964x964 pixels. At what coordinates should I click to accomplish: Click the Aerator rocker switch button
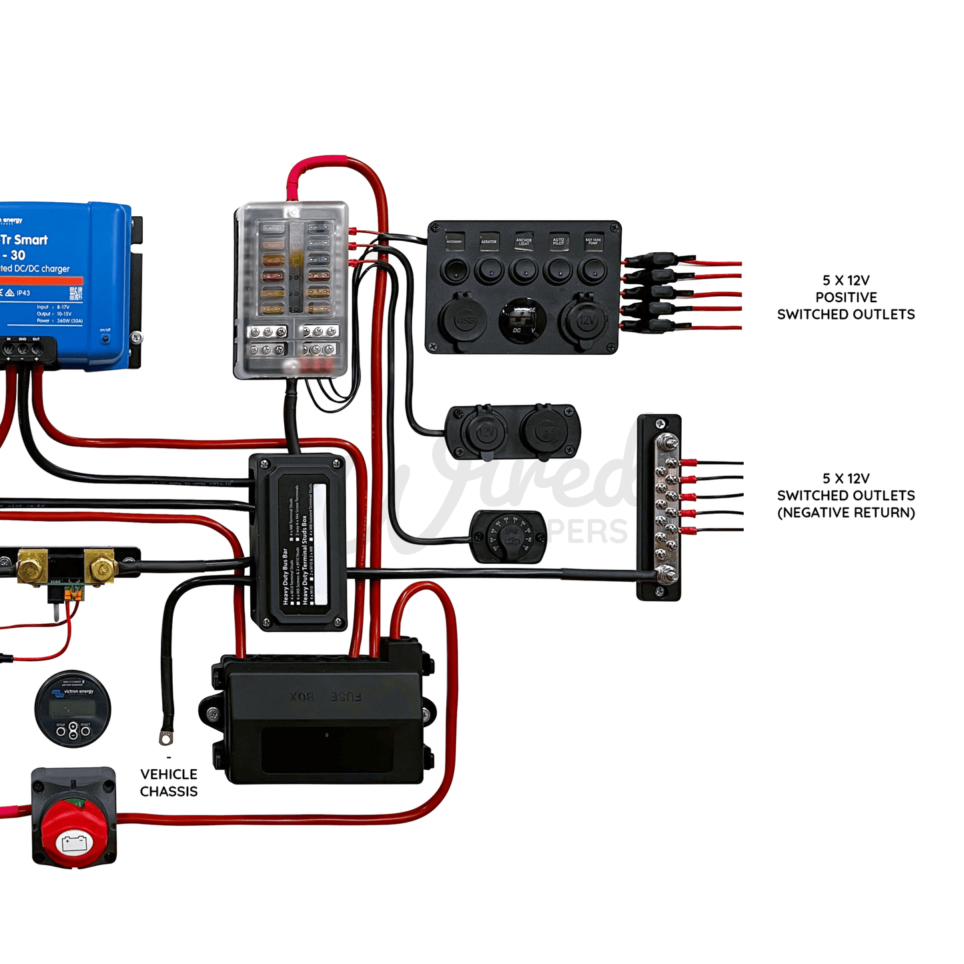(x=489, y=271)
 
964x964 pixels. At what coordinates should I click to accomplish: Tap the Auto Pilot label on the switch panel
(x=558, y=241)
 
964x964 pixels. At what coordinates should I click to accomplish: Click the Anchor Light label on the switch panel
(x=524, y=241)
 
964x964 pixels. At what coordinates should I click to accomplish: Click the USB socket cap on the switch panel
(x=464, y=320)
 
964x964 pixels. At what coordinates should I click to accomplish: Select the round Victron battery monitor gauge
(x=73, y=708)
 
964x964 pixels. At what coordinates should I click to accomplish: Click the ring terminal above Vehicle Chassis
(x=165, y=737)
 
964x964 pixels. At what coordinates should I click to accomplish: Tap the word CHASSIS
(x=169, y=792)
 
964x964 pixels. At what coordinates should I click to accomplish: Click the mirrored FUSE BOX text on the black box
(x=326, y=697)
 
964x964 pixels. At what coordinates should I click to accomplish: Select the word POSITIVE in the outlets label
(x=846, y=298)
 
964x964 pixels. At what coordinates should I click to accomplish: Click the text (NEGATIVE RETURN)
(x=846, y=513)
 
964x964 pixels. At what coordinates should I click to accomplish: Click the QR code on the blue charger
(x=75, y=293)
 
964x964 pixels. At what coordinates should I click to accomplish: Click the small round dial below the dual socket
(x=509, y=536)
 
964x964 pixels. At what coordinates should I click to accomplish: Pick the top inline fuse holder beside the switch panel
(x=658, y=260)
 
